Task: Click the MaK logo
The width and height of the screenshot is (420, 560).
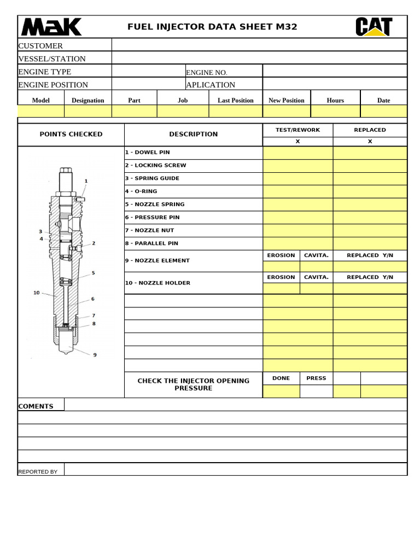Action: (51, 27)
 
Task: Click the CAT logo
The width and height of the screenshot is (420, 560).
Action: (374, 27)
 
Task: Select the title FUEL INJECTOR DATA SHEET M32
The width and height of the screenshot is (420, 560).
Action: (212, 27)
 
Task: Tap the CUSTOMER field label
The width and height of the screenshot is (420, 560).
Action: (40, 46)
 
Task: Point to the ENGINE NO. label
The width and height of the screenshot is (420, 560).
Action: (206, 73)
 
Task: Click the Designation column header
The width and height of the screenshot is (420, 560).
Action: (87, 101)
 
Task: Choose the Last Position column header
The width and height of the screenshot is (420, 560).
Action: (235, 101)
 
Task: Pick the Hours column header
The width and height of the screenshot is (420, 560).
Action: (335, 101)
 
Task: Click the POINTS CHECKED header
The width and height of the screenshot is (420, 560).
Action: (71, 135)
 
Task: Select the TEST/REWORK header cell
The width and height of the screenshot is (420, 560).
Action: (297, 130)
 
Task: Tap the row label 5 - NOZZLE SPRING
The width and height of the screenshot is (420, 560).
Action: (155, 205)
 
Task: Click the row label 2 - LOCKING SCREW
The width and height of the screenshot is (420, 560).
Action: (155, 165)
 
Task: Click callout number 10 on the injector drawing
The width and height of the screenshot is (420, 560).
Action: (37, 293)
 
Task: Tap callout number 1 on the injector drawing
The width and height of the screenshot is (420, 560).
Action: (86, 181)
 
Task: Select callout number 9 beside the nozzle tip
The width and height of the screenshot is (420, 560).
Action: (95, 355)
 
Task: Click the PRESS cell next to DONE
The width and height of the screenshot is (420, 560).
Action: (316, 378)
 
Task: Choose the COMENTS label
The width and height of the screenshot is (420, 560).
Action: (36, 406)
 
